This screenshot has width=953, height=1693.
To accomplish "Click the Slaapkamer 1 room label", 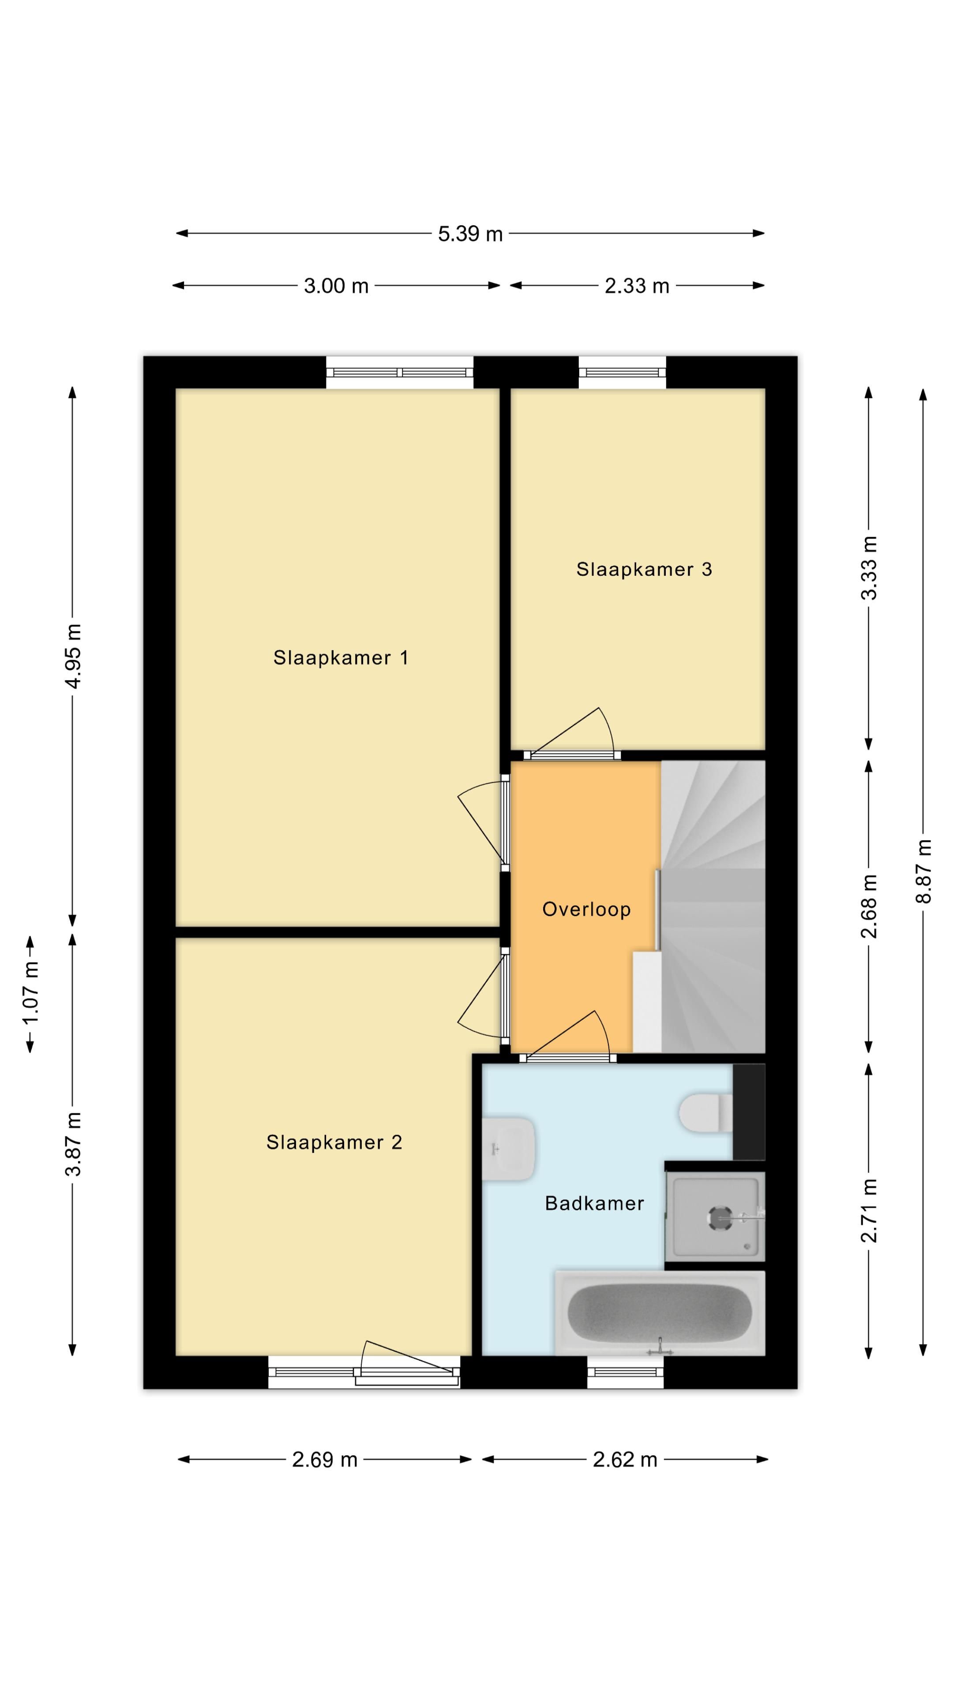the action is pos(341,657).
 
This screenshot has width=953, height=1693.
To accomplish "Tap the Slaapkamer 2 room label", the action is pos(334,1142).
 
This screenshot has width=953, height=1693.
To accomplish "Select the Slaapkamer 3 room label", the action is pos(644,569).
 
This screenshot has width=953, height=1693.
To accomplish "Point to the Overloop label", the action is pos(586,909).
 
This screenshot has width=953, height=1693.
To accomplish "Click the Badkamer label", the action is pos(594,1203).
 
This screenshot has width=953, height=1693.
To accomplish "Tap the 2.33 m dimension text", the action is pos(637,286).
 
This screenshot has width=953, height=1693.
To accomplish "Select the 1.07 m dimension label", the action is pos(30,992).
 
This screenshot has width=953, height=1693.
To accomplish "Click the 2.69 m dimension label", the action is pos(324,1460).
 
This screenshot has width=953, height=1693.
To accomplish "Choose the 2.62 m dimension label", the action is pos(625,1460).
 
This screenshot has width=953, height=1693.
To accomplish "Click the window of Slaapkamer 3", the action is pos(622,372).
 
